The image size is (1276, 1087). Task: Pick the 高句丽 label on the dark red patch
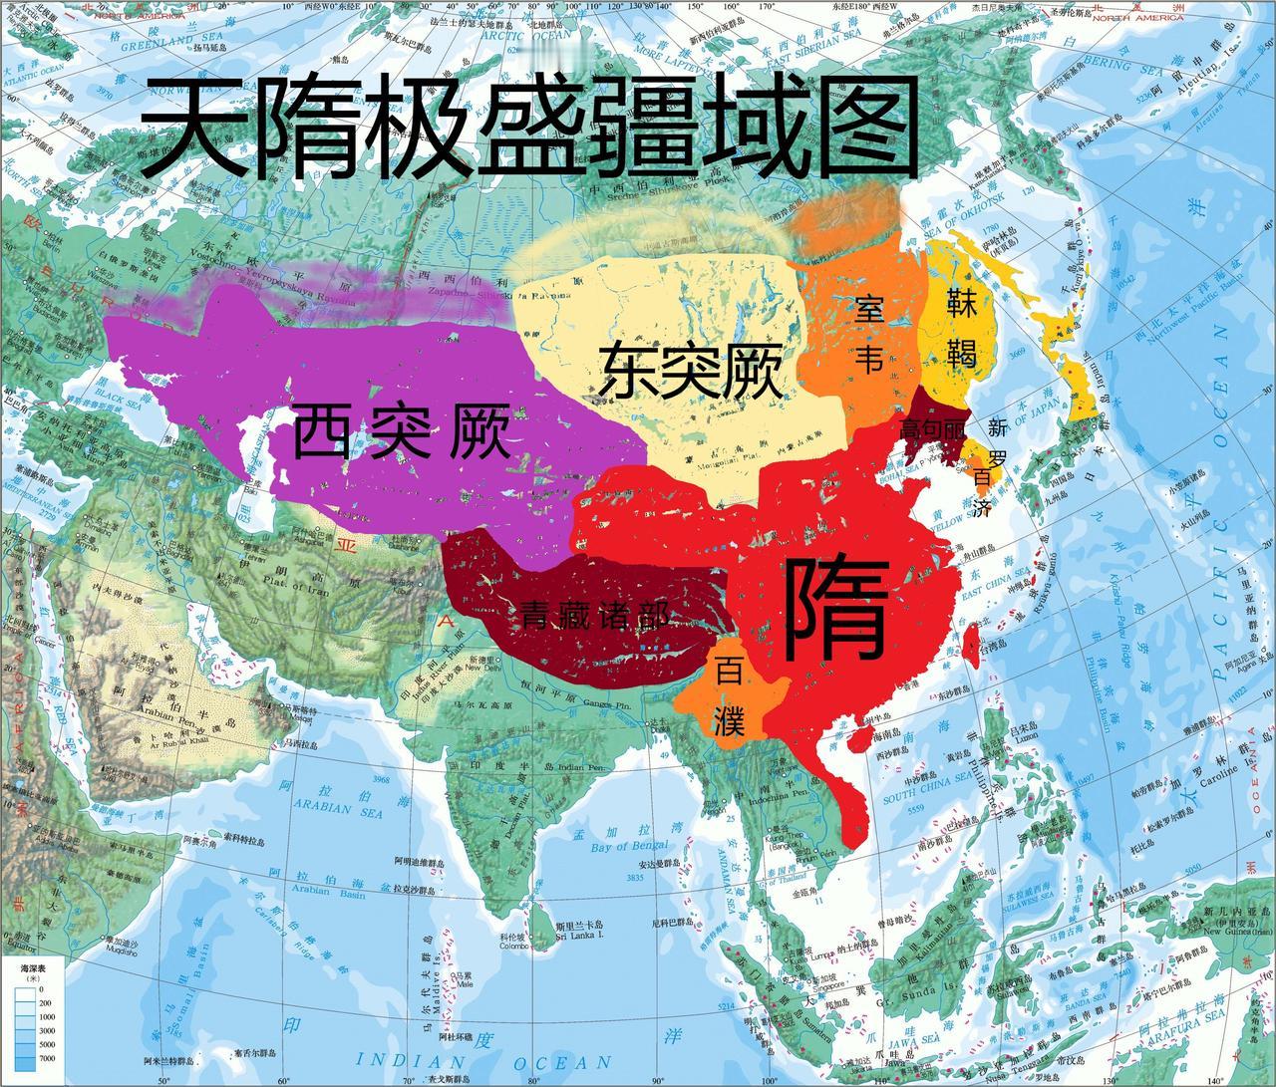[933, 429]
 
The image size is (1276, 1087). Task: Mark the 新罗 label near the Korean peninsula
[998, 441]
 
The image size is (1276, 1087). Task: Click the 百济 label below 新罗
[982, 493]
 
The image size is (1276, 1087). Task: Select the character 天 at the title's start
[194, 130]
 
